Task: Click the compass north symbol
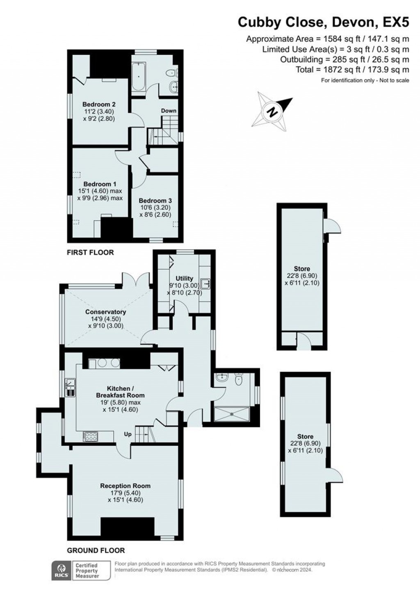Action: pyautogui.click(x=272, y=111)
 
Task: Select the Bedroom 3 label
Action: pyautogui.click(x=155, y=201)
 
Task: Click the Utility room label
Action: pyautogui.click(x=184, y=279)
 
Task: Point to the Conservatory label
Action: pyautogui.click(x=105, y=312)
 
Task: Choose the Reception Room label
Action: pyautogui.click(x=125, y=486)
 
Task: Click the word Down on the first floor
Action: pyautogui.click(x=169, y=111)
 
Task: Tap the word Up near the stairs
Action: pyautogui.click(x=128, y=434)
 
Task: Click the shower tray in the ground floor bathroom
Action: pyautogui.click(x=232, y=414)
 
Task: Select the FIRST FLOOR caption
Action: pyautogui.click(x=90, y=252)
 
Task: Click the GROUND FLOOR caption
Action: pyautogui.click(x=96, y=550)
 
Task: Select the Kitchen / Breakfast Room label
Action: pyautogui.click(x=120, y=392)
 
